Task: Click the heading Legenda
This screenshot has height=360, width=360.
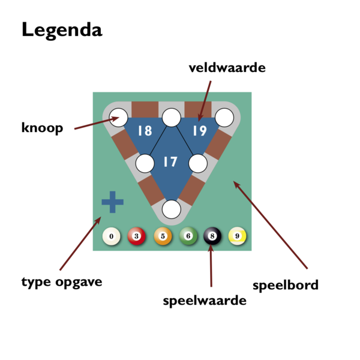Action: pos(62,31)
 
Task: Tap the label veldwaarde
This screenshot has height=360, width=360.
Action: pos(227,67)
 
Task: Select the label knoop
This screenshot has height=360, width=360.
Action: pos(42,128)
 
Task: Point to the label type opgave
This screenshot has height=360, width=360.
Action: pos(62,282)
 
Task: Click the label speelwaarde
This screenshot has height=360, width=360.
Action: pos(205,301)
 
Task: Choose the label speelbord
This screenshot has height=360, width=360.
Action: pos(286,286)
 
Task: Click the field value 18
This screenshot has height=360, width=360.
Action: pos(145,131)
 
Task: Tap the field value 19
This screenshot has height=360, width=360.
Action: pos(200,131)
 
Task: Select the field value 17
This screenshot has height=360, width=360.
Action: pos(170,161)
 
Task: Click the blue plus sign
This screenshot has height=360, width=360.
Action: pos(113,202)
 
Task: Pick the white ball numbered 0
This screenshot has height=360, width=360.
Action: pos(112,236)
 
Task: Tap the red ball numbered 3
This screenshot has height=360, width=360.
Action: pos(136,236)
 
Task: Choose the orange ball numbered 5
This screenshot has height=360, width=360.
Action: pos(163,236)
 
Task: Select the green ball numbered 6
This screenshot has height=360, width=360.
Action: pos(188,236)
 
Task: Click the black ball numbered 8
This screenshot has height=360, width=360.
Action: pos(212,236)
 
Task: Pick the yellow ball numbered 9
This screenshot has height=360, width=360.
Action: pos(238,236)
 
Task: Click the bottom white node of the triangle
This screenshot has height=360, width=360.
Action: pos(171,209)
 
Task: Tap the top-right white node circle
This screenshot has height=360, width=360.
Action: pos(224,118)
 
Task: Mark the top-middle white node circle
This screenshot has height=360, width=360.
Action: pos(171,118)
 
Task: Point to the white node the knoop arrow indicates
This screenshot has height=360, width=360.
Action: pos(118,118)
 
